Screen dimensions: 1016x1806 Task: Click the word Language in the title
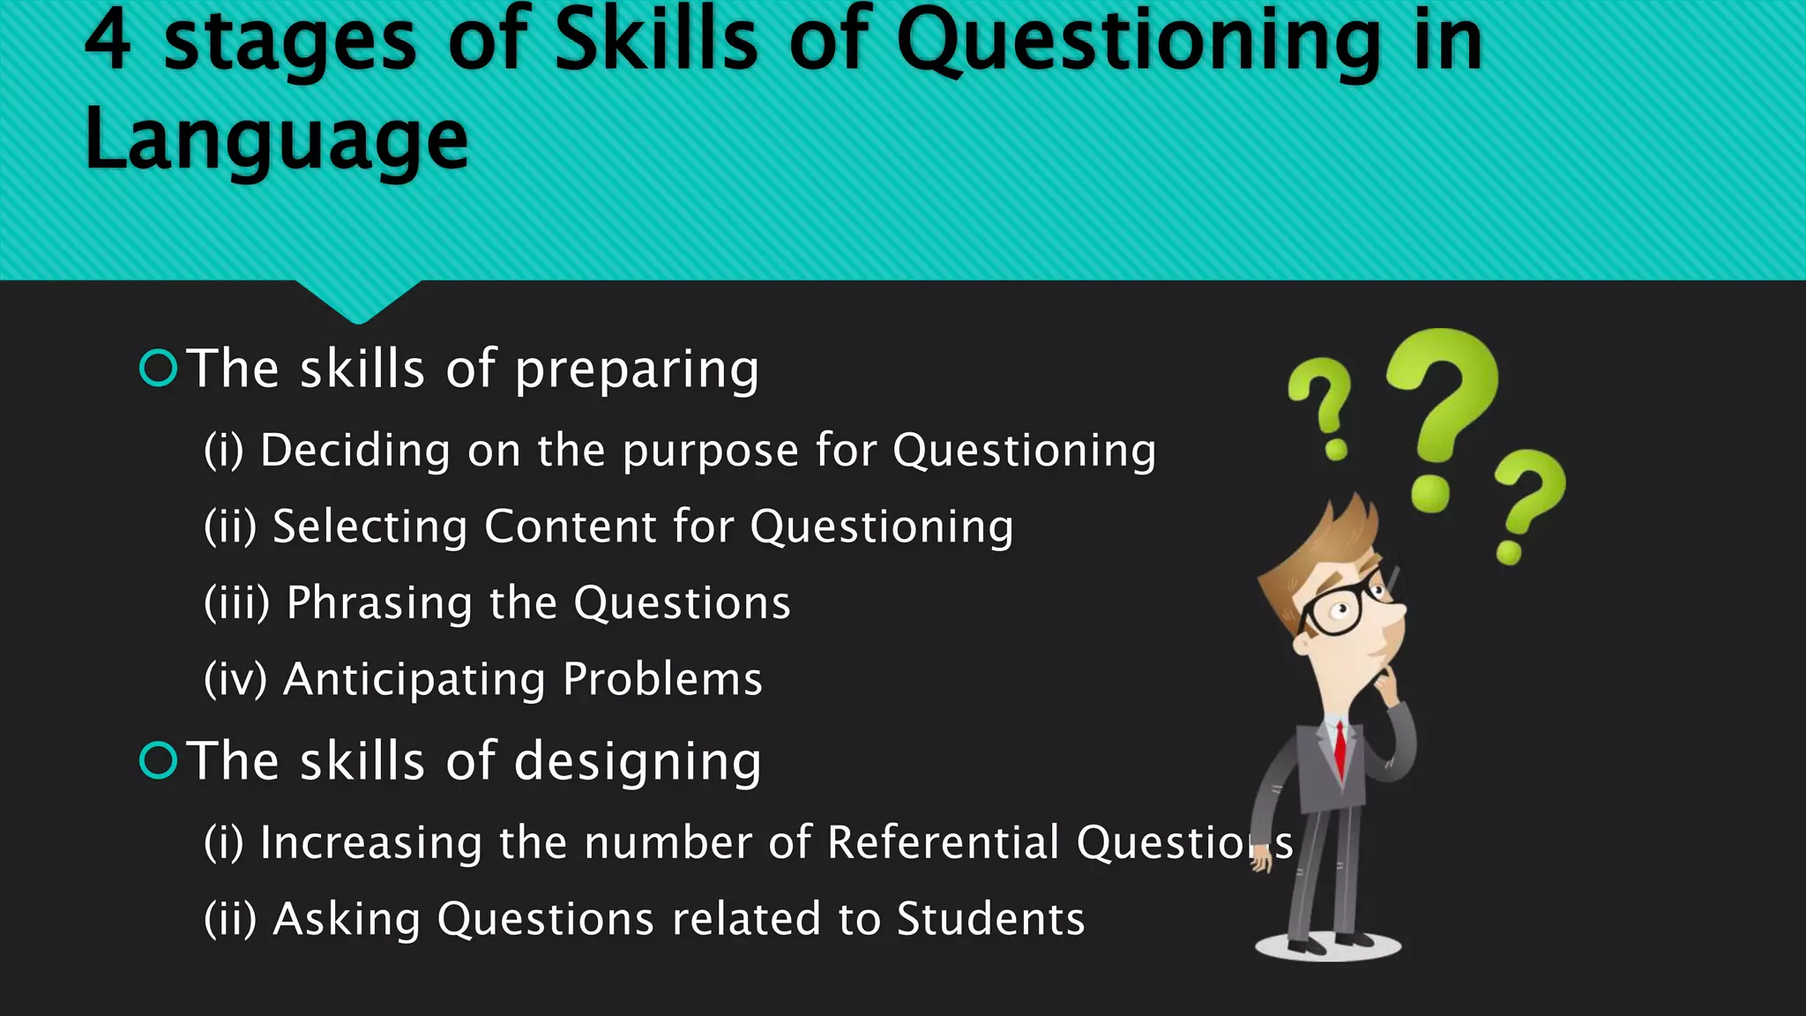coord(276,141)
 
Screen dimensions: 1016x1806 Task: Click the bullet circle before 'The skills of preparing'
coord(159,368)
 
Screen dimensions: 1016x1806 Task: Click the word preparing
coord(636,370)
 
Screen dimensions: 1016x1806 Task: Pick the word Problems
coord(662,679)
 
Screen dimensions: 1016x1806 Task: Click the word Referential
coord(943,842)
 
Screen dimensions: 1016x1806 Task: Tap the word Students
coord(990,919)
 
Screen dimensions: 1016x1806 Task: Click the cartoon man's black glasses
coord(1340,606)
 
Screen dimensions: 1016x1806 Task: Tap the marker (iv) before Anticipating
coord(235,680)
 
